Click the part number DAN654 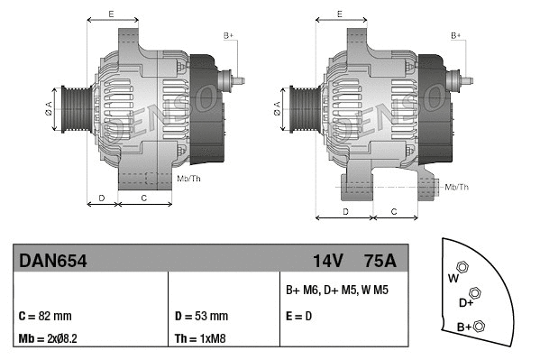pyautogui.click(x=51, y=261)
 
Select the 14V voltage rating pyautogui.click(x=327, y=261)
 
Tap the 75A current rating pyautogui.click(x=379, y=261)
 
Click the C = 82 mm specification pyautogui.click(x=44, y=316)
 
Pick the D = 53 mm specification pyautogui.click(x=200, y=316)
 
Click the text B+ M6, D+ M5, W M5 pyautogui.click(x=336, y=291)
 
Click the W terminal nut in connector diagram pyautogui.click(x=462, y=267)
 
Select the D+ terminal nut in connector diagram pyautogui.click(x=475, y=293)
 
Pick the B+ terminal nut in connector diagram pyautogui.click(x=480, y=326)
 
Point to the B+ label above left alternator pyautogui.click(x=228, y=34)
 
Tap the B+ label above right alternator pyautogui.click(x=456, y=34)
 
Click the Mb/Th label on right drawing pyautogui.click(x=457, y=187)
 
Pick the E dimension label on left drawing pyautogui.click(x=110, y=14)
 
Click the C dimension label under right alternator pyautogui.click(x=394, y=210)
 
